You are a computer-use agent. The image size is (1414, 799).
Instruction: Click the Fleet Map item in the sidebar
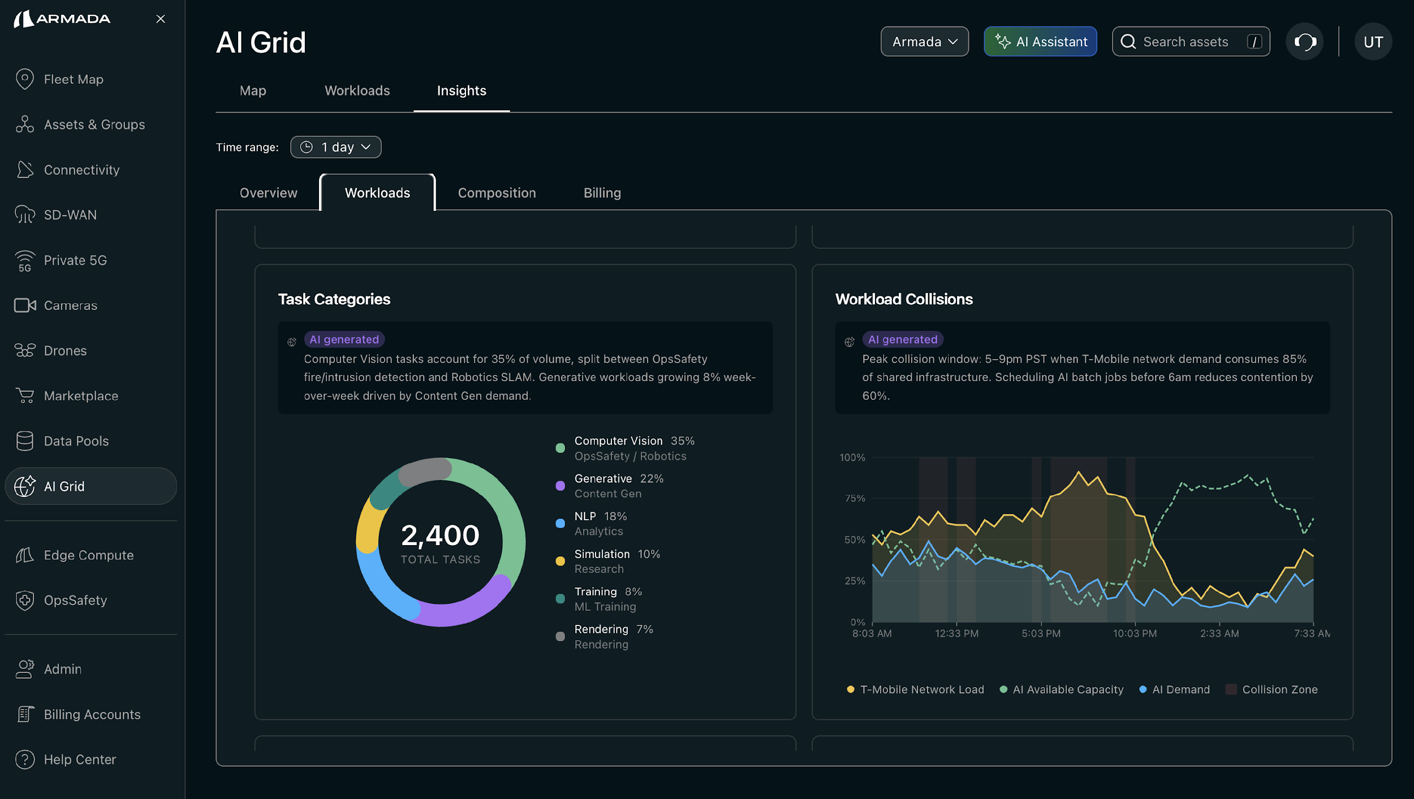pyautogui.click(x=73, y=79)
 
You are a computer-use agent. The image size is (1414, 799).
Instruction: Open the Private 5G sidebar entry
pyautogui.click(x=75, y=260)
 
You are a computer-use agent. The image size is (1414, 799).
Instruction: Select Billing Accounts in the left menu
pyautogui.click(x=92, y=714)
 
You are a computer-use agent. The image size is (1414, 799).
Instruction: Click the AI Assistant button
pyautogui.click(x=1040, y=42)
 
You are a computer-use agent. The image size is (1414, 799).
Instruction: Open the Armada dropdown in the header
pyautogui.click(x=924, y=42)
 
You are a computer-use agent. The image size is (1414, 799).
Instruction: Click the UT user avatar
pyautogui.click(x=1373, y=42)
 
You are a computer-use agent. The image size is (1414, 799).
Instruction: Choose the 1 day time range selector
pyautogui.click(x=335, y=147)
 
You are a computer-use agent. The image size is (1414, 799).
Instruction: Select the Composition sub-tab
pyautogui.click(x=497, y=193)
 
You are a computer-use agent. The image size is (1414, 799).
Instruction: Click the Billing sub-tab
pyautogui.click(x=602, y=193)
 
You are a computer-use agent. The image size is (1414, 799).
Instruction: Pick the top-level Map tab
pyautogui.click(x=253, y=90)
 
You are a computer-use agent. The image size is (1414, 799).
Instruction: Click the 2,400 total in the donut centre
pyautogui.click(x=440, y=535)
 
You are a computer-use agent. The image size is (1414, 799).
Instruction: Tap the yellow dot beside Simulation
pyautogui.click(x=560, y=561)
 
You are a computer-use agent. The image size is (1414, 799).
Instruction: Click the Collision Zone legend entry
pyautogui.click(x=1279, y=689)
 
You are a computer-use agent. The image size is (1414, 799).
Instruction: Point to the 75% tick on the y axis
pyautogui.click(x=855, y=498)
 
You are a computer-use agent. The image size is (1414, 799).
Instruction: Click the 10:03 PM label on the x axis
pyautogui.click(x=1135, y=633)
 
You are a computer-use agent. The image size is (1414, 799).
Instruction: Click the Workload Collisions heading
pyautogui.click(x=904, y=299)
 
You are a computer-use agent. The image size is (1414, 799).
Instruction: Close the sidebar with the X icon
pyautogui.click(x=161, y=19)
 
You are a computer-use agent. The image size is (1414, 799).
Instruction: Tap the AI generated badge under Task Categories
pyautogui.click(x=344, y=339)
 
